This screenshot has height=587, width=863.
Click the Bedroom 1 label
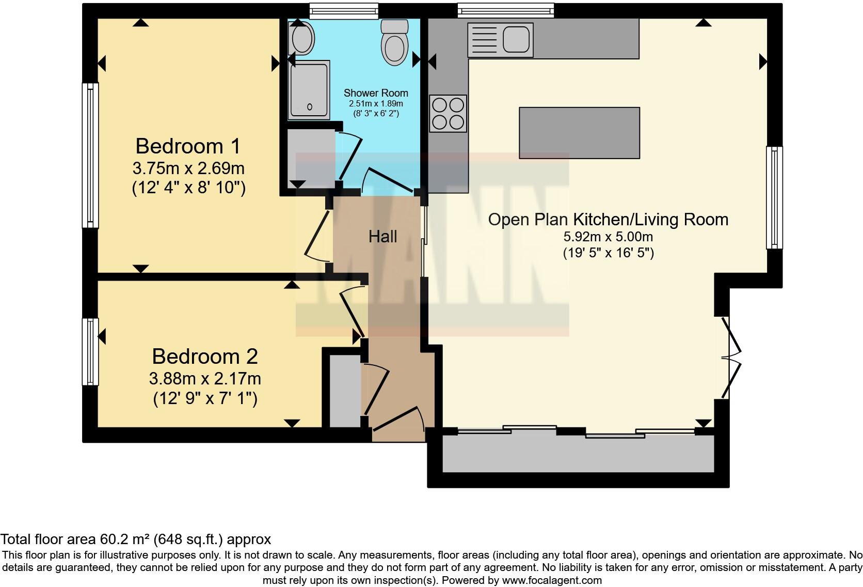[x=188, y=146]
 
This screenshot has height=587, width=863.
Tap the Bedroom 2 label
[x=204, y=357]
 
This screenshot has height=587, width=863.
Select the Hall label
[x=382, y=237]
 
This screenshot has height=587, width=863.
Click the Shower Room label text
[x=376, y=93]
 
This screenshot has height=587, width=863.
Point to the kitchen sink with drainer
[x=500, y=40]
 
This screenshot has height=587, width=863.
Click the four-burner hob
[x=448, y=114]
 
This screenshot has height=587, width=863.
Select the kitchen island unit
[x=579, y=133]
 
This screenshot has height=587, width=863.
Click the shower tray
[x=309, y=90]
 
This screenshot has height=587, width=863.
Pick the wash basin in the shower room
[x=302, y=38]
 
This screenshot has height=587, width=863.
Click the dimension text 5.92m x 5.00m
[x=608, y=237]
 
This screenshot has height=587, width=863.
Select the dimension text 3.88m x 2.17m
[x=205, y=379]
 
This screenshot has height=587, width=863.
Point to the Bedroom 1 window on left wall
[x=91, y=155]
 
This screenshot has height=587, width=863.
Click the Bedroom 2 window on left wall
[x=91, y=351]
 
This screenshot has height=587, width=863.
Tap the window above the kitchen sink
[x=505, y=10]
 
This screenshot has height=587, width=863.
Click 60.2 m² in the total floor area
[x=124, y=539]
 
